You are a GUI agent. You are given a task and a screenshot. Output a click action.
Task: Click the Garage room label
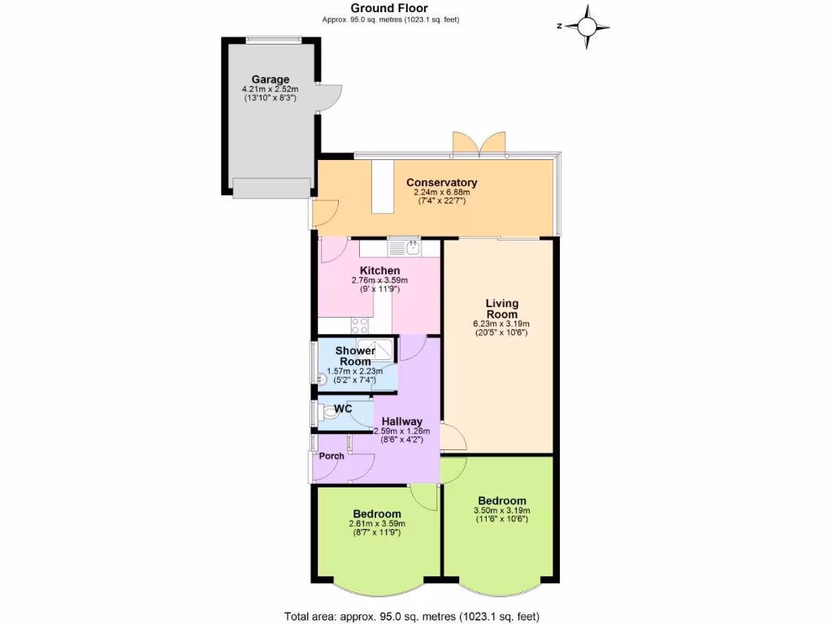coord(270,80)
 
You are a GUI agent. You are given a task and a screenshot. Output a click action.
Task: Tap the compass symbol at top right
coord(585,26)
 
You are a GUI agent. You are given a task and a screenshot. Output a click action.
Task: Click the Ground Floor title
coord(383,8)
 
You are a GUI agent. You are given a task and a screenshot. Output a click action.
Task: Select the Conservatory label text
coord(441,182)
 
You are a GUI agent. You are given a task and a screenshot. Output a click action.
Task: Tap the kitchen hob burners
coord(361,325)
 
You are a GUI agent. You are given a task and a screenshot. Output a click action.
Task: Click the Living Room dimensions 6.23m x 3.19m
coord(501,323)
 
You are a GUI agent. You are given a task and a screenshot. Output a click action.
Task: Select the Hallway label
coord(401,421)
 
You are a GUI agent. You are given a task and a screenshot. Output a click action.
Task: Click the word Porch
coord(331,456)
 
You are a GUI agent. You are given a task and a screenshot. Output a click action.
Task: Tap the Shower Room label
coord(355,356)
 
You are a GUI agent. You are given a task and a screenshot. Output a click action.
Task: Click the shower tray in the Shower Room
coord(379,350)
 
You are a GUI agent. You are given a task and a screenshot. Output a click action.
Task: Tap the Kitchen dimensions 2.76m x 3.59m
coord(379,280)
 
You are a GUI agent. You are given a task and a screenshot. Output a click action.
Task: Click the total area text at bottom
coord(411,616)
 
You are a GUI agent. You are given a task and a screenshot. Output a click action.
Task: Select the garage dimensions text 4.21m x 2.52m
coord(270,89)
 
